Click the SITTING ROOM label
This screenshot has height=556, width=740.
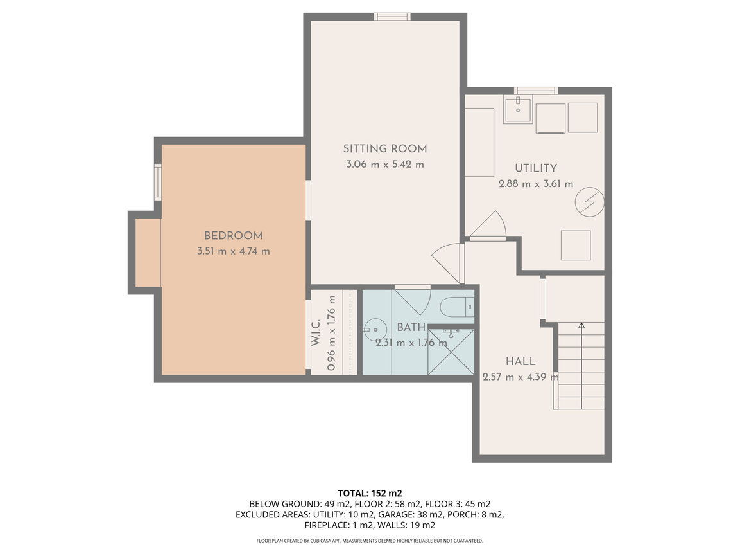click(x=384, y=148)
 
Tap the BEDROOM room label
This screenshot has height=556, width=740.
click(x=233, y=235)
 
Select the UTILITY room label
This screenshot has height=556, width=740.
click(x=536, y=168)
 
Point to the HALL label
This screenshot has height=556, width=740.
click(x=520, y=361)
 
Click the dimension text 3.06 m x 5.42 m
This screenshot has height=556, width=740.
click(x=384, y=165)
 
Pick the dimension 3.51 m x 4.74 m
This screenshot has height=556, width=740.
click(x=233, y=251)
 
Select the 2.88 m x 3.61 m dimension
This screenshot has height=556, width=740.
click(x=536, y=184)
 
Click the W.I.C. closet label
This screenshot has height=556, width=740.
click(x=316, y=332)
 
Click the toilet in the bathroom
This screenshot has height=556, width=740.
click(x=457, y=307)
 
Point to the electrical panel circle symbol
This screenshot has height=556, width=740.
click(x=589, y=202)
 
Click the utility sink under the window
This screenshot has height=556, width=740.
click(x=518, y=110)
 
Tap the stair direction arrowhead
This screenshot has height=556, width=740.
click(x=581, y=325)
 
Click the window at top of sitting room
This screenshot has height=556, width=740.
click(x=392, y=17)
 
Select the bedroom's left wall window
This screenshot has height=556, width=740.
click(x=158, y=182)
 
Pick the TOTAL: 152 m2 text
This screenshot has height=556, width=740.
click(x=370, y=494)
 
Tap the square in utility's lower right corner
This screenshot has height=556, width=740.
click(x=576, y=246)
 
